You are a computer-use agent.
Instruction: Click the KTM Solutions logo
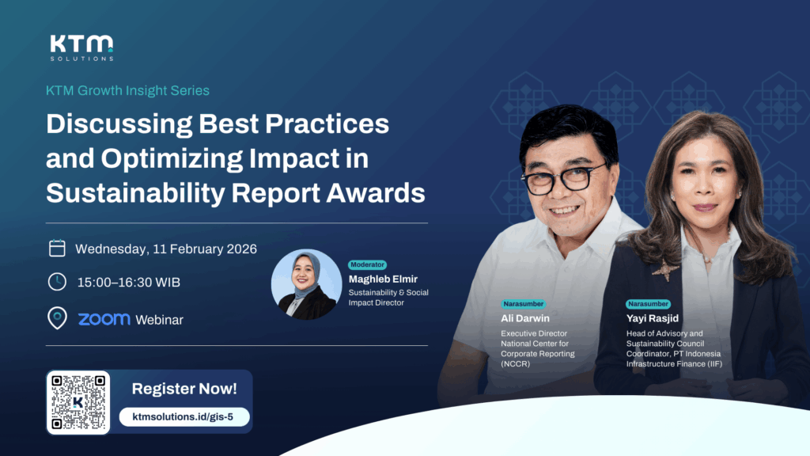81,47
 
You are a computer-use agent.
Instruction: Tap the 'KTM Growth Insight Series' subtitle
127,90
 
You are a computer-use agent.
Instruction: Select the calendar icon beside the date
57,249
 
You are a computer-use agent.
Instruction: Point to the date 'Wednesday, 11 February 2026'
166,249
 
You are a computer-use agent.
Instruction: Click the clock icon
57,282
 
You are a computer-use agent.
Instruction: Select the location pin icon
57,319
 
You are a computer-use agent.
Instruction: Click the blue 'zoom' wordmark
104,319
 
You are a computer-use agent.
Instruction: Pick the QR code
78,401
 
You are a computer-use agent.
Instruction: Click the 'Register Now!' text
184,389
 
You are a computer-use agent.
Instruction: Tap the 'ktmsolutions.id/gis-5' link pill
184,416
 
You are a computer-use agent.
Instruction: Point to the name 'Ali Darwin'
525,317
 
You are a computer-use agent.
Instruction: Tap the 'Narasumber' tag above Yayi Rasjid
648,303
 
